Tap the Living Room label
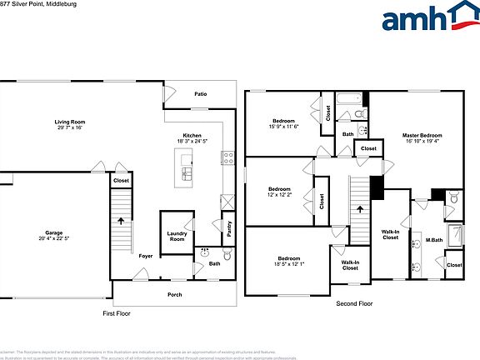pos(71,122)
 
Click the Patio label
pos(201,94)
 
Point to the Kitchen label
pos(192,135)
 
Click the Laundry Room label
pos(176,237)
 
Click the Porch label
pos(175,293)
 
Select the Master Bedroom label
pos(422,135)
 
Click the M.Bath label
pos(434,241)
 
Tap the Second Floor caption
pos(353,304)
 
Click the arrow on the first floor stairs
pos(122,222)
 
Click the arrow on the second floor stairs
pos(358,212)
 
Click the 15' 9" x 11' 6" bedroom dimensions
pos(283,127)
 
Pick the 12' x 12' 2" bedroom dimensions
pos(278,195)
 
